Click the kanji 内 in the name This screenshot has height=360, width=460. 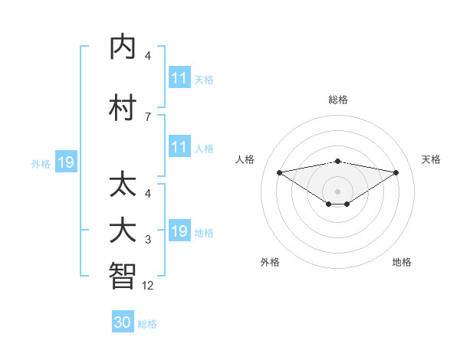[123, 48]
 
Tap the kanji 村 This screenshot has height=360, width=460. [123, 108]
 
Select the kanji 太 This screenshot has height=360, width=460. [123, 187]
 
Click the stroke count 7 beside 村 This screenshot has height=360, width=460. [148, 116]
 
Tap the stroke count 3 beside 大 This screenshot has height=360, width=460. [148, 241]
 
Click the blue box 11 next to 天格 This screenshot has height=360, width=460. [179, 78]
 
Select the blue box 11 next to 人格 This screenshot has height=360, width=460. [179, 147]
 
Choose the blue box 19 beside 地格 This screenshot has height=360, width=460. [179, 231]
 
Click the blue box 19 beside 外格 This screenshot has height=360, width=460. [66, 162]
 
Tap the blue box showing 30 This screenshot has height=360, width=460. [123, 322]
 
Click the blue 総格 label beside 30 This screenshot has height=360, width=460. [147, 324]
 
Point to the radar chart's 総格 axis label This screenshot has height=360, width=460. [338, 100]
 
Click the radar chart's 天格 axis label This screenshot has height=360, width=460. [431, 159]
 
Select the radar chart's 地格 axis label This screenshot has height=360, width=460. [402, 262]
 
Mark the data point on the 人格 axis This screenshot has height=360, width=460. [280, 172]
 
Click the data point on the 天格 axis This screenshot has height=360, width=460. [396, 172]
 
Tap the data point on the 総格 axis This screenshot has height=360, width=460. [338, 161]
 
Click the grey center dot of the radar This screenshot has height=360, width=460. [338, 191]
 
